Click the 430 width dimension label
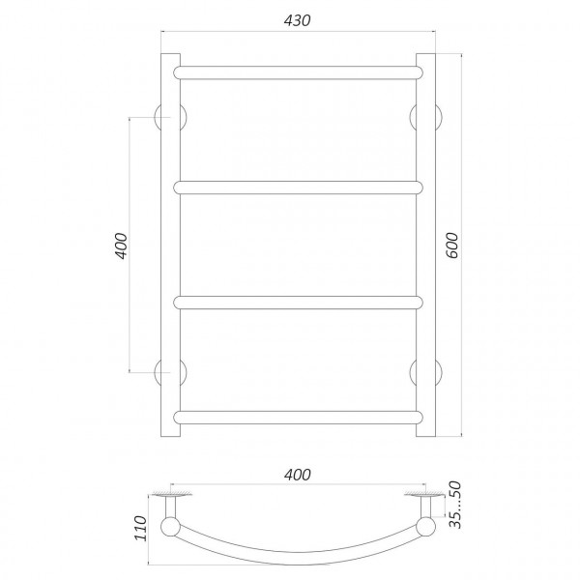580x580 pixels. (x=298, y=20)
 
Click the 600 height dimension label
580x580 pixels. (x=451, y=246)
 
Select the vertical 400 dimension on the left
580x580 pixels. (x=121, y=246)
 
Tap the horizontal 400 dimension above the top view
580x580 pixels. (x=298, y=475)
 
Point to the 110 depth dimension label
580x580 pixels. (x=141, y=528)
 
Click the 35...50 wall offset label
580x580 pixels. (x=455, y=505)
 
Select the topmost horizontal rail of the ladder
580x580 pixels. (x=298, y=72)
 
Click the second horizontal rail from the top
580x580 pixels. (x=298, y=188)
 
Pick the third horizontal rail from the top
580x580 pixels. (x=298, y=303)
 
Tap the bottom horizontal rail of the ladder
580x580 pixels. (x=298, y=417)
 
